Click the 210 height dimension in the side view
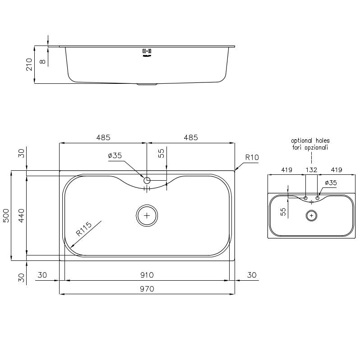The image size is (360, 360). coord(29,64)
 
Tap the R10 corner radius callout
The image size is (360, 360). coord(252,158)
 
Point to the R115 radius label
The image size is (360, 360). coord(83,229)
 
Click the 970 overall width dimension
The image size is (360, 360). coord(147,289)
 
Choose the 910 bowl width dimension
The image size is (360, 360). coord(147,275)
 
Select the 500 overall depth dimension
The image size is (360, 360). coord(7,215)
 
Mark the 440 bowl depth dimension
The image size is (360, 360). coord(21,215)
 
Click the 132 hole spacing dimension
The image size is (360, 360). coord(311,170)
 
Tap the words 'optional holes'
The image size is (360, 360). coord(310,141)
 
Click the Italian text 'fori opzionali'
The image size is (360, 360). coord(310,147)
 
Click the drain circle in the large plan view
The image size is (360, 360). coord(147,215)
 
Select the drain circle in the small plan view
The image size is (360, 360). coord(311,215)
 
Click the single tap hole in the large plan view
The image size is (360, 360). coord(147,180)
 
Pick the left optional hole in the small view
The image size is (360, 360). coord(305,198)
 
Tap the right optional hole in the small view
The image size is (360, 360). coord(318,198)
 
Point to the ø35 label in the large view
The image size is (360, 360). coord(115,156)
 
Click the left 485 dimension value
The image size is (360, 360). coord(103,137)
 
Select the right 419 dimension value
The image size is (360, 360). coord(336,170)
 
